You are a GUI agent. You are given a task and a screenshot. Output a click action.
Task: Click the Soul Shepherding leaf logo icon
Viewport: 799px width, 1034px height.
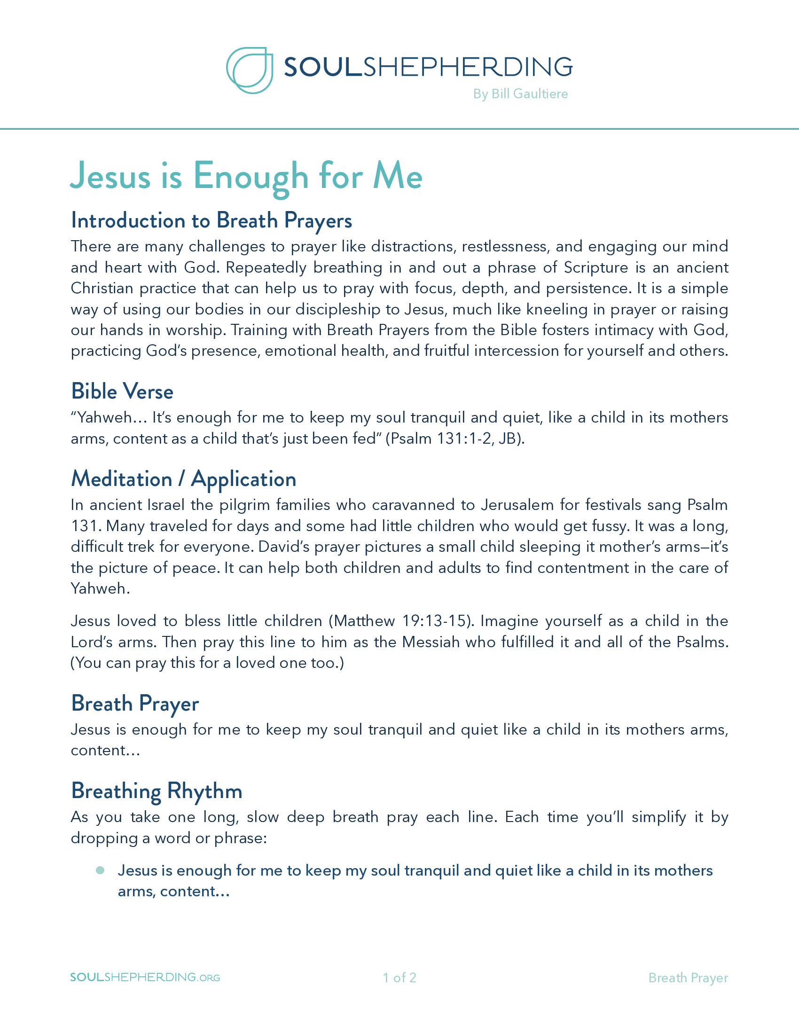point(250,70)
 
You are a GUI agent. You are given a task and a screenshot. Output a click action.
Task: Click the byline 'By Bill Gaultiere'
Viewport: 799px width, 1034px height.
point(520,94)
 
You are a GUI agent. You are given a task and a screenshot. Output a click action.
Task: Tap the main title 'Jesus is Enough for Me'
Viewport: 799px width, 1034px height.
point(246,176)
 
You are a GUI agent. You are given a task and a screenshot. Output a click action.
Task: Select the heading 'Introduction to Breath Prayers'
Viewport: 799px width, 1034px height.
point(211,220)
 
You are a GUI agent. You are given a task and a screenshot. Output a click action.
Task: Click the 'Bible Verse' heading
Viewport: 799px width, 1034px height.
point(122,392)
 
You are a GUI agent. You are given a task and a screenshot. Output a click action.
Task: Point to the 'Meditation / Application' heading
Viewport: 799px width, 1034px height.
point(184,479)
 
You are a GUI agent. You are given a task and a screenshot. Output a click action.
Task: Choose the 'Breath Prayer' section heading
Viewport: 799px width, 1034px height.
point(135,704)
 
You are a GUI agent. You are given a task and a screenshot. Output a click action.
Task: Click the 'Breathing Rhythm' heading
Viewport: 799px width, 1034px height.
point(157,791)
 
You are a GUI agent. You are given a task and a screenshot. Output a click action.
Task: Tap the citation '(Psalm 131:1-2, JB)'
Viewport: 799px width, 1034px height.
point(455,439)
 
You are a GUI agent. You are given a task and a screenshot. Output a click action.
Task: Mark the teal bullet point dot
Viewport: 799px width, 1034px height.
point(100,870)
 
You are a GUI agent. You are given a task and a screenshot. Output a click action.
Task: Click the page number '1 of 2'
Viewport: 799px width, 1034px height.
point(399,978)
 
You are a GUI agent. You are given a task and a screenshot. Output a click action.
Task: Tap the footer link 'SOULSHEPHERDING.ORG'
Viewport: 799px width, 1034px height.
point(145,977)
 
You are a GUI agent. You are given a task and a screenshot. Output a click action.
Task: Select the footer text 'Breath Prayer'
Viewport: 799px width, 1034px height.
point(688,978)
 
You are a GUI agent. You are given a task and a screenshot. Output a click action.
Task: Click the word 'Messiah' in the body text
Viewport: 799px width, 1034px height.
point(431,642)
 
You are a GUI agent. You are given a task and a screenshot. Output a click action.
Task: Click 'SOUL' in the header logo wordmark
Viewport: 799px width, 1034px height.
point(323,67)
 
